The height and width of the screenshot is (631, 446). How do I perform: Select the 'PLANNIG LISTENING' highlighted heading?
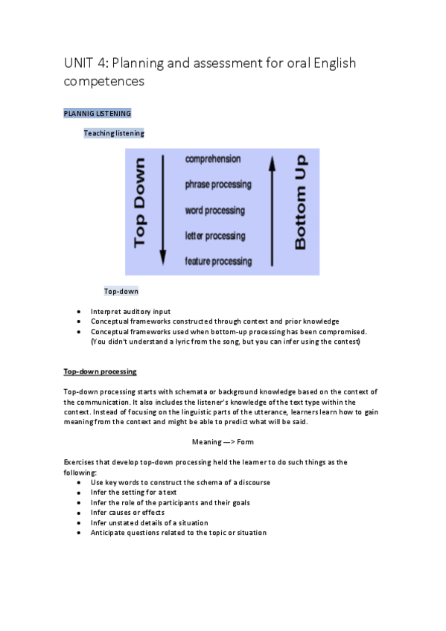97,113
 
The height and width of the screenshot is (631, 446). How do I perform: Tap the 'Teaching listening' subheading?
114,133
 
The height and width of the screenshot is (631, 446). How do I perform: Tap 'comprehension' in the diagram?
213,159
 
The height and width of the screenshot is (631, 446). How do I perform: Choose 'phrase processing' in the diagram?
218,185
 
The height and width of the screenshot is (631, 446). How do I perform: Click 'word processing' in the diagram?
214,211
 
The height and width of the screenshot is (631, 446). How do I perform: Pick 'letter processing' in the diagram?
214,236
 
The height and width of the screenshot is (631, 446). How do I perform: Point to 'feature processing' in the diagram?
218,261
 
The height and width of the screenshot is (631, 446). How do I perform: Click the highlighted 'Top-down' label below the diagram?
121,291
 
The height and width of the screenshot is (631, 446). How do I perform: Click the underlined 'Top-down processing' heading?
100,371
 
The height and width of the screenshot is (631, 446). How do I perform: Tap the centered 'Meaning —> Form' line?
223,442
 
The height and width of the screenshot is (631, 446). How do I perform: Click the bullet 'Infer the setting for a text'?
135,493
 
